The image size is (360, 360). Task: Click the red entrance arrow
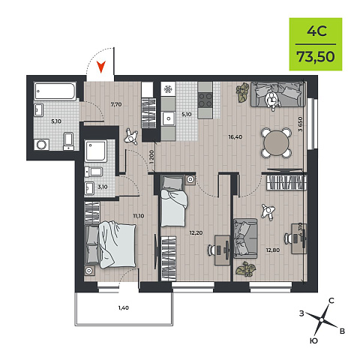(101, 67)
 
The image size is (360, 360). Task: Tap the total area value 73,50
(316, 56)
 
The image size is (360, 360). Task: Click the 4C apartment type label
(316, 31)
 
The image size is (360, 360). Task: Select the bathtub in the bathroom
(55, 91)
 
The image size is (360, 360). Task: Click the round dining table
(277, 143)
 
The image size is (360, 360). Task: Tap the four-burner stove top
(205, 100)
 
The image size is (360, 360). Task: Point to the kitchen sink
(168, 118)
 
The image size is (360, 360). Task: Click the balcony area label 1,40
(124, 307)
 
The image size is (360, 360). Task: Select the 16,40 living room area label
(235, 136)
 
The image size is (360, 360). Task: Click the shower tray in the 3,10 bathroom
(96, 151)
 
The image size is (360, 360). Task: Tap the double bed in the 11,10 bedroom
(110, 246)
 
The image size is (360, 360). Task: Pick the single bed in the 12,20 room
(173, 201)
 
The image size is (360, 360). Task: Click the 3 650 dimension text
(300, 124)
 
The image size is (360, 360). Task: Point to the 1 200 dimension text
(151, 157)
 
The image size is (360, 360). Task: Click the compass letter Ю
(313, 340)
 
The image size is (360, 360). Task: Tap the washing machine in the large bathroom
(41, 145)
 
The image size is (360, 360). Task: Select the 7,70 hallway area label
(116, 104)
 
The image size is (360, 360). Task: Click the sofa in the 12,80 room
(245, 238)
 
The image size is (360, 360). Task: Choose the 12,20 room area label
(196, 232)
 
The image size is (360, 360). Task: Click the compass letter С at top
(331, 301)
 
